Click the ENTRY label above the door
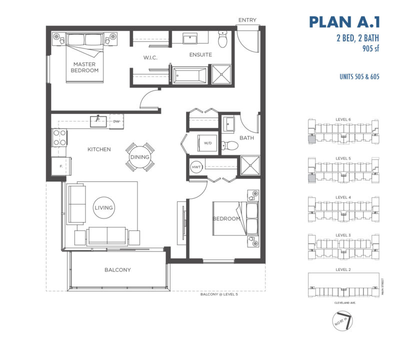coord(247,20)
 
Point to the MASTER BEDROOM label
coord(84,67)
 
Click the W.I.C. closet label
coord(150,58)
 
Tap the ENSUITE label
coord(200,54)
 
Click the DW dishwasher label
coord(116,121)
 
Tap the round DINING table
coord(139,157)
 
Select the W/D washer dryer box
coord(206,142)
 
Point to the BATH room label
coord(247,137)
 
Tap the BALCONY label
coord(117,270)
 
